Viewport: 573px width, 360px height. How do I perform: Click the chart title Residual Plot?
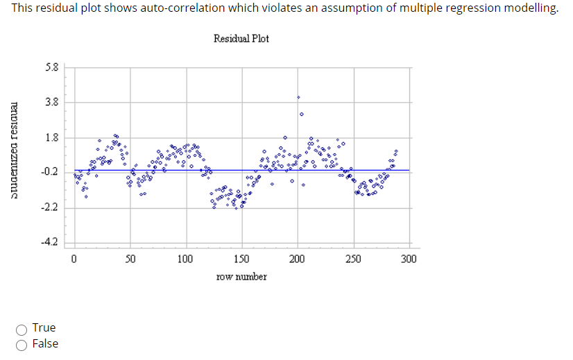coord(241,38)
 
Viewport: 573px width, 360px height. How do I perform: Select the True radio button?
coord(23,328)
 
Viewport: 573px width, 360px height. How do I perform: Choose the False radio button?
coord(23,344)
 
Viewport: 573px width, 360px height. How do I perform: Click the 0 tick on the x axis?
coord(74,259)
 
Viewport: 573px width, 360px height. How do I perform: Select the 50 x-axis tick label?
coord(130,259)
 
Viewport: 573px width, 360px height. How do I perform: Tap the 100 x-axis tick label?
coord(185,259)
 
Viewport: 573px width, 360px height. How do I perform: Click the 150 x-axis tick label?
coord(241,259)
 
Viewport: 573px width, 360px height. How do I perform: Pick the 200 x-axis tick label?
coord(297,259)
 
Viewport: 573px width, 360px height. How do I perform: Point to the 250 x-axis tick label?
coord(353,259)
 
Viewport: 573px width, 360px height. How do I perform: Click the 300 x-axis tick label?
coord(409,259)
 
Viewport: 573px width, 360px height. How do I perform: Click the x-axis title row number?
coord(241,276)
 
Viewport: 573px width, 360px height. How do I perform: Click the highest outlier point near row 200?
coord(299,97)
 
